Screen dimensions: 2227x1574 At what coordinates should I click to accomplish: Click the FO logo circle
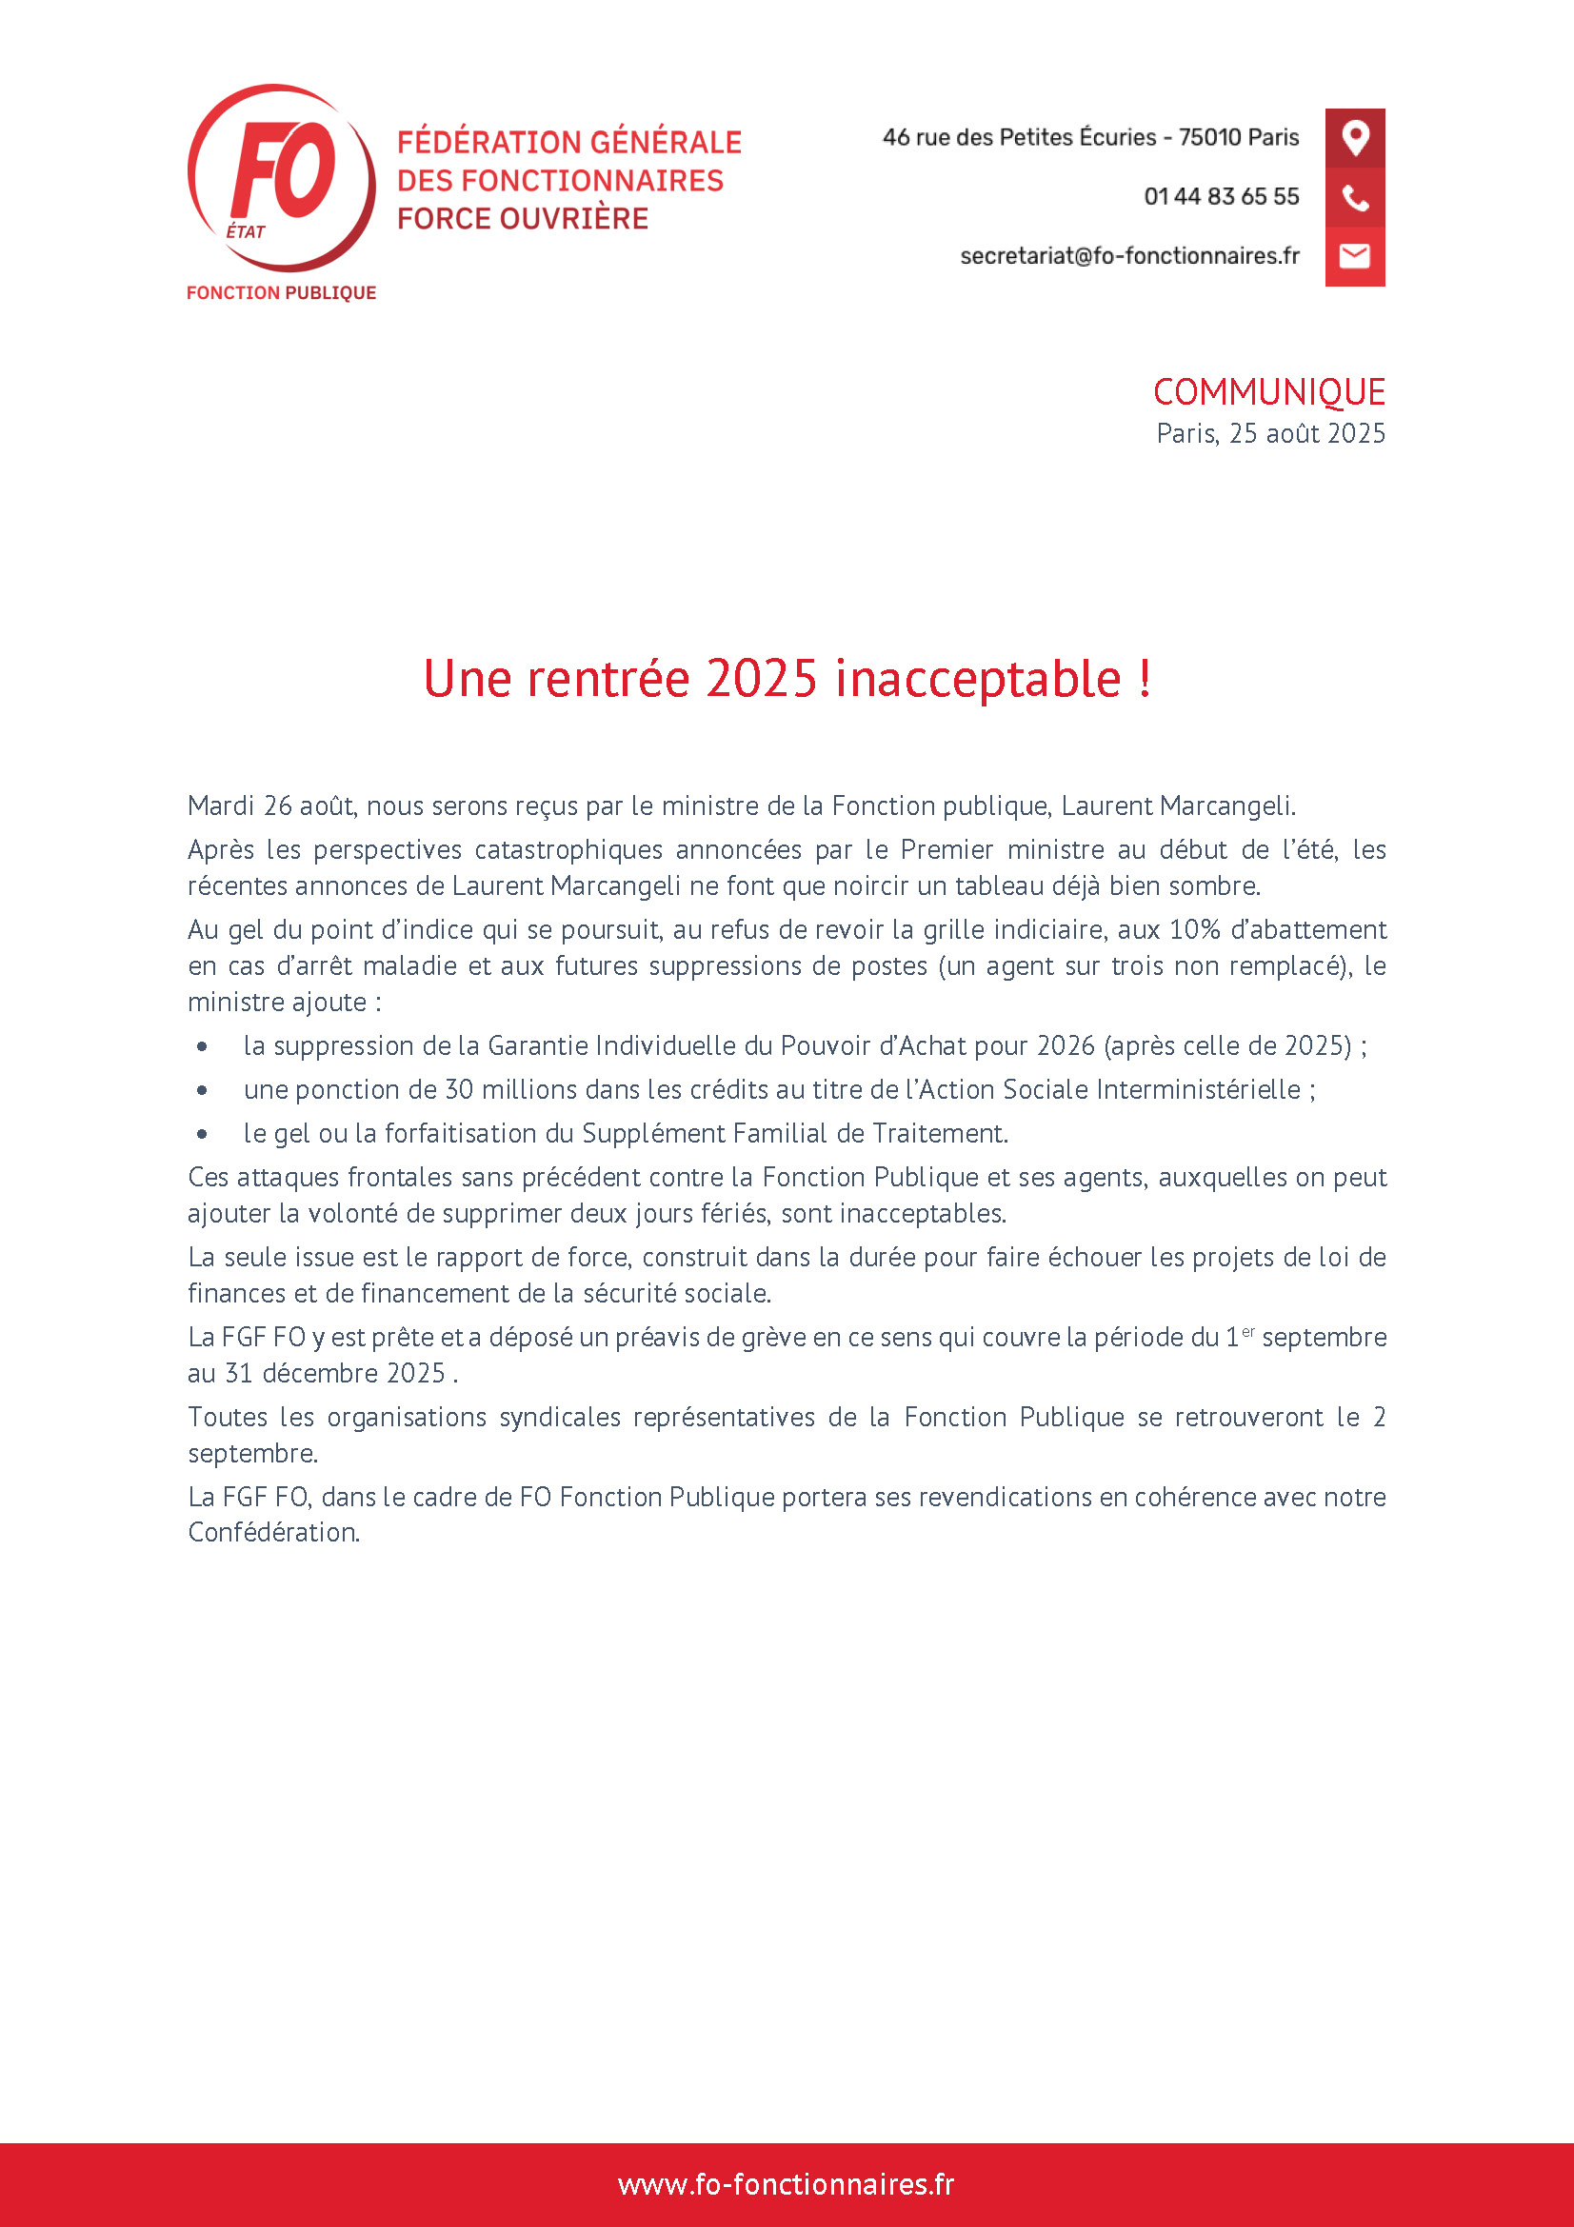[x=280, y=176]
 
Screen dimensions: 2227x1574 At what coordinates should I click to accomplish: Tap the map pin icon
[x=1355, y=138]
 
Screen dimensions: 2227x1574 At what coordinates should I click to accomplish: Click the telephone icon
[x=1355, y=198]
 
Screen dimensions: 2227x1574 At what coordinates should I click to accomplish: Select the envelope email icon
[x=1355, y=256]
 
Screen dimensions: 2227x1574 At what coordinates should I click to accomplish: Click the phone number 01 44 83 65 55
[x=1221, y=197]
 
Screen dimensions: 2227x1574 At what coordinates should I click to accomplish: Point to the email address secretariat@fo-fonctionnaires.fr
[x=1129, y=256]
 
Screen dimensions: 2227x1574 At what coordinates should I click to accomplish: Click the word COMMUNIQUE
[x=1268, y=393]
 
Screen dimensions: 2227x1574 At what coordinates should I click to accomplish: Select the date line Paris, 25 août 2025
[x=1270, y=433]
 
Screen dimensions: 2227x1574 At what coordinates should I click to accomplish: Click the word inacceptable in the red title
[x=978, y=678]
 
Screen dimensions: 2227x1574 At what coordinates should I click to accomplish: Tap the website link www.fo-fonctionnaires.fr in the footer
[x=787, y=2183]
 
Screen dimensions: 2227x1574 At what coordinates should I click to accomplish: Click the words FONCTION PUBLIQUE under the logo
[x=281, y=293]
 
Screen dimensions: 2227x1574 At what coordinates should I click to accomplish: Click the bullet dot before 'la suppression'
[x=202, y=1046]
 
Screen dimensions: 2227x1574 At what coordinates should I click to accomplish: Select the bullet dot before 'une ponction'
[x=202, y=1090]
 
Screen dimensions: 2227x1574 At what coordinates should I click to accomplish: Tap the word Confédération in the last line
[x=273, y=1533]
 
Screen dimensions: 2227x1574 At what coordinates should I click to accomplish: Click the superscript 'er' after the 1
[x=1248, y=1332]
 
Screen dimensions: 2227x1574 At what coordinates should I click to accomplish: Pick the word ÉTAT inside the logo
[x=246, y=231]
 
